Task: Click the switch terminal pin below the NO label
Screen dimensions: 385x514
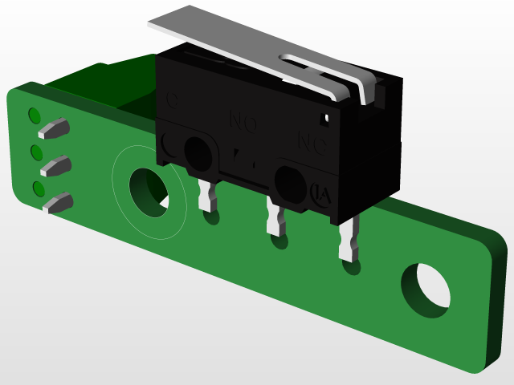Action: pyautogui.click(x=277, y=220)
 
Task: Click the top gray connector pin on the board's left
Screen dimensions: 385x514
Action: pyautogui.click(x=56, y=127)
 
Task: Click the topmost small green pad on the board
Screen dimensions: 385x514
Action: pyautogui.click(x=35, y=115)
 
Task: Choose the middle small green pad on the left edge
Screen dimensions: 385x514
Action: pyautogui.click(x=36, y=152)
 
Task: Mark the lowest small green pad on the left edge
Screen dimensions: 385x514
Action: pyautogui.click(x=38, y=188)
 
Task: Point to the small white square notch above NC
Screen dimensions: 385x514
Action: pyautogui.click(x=325, y=119)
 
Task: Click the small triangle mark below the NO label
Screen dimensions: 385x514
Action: pyautogui.click(x=239, y=152)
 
